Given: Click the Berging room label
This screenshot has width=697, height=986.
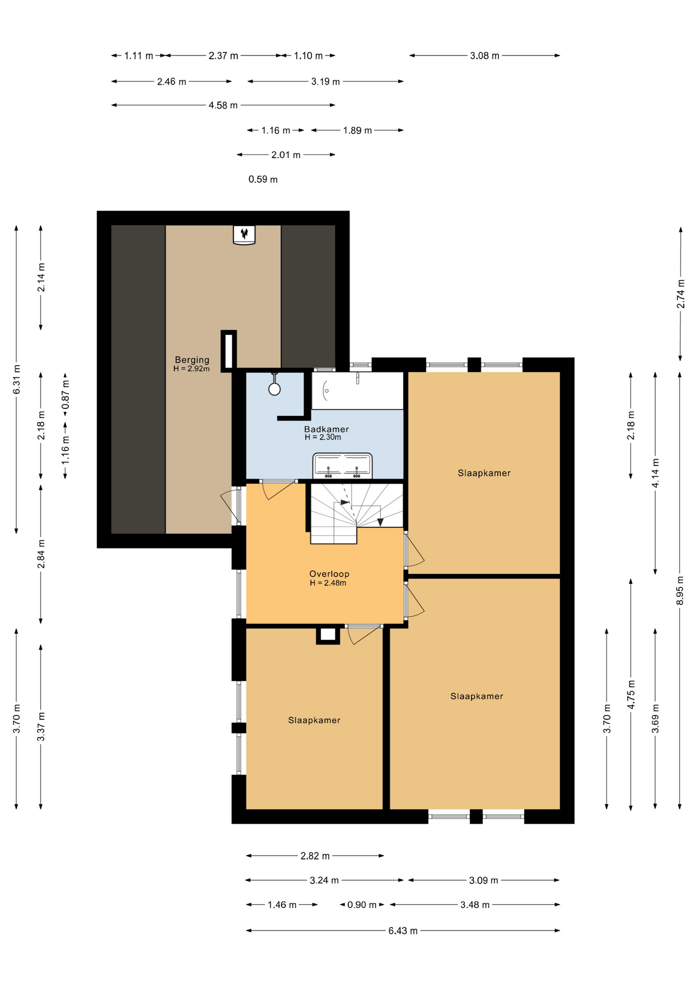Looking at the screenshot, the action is [x=192, y=360].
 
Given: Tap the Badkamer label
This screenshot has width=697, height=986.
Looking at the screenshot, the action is [x=326, y=429].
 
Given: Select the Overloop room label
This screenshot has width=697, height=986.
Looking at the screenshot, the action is [x=329, y=574].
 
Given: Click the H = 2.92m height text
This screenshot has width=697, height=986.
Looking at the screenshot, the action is [x=191, y=369].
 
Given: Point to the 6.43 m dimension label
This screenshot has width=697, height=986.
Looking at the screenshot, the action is [x=403, y=931].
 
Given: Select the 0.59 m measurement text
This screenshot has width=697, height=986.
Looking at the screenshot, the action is [x=263, y=179].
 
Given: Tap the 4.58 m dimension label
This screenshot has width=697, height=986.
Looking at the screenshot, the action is [x=223, y=105].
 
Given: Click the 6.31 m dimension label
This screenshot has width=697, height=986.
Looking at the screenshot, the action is [x=16, y=380].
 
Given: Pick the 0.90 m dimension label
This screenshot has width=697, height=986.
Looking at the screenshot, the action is [x=362, y=905].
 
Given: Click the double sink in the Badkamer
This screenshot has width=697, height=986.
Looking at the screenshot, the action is [x=342, y=466].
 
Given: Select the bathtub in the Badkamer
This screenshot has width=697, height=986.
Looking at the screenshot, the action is [x=357, y=391].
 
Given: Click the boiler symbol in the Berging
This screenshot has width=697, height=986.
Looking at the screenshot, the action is [x=244, y=235].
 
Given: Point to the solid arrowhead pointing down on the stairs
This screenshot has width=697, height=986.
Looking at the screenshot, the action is [x=380, y=522].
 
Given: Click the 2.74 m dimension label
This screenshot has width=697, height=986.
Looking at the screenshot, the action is [x=681, y=294].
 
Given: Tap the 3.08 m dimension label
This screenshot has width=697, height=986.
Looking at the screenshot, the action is [x=485, y=56].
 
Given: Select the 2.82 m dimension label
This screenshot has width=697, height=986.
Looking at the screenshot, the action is [x=315, y=856].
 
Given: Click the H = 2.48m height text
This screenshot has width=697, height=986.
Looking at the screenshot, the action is [x=328, y=583].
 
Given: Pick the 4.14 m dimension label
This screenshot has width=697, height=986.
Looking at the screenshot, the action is [x=655, y=473].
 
